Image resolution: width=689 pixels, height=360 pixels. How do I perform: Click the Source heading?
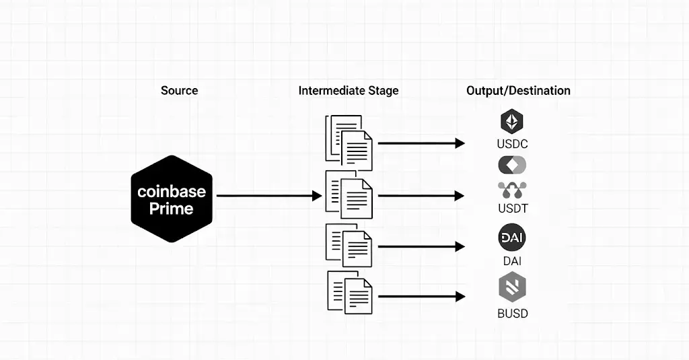click(179, 90)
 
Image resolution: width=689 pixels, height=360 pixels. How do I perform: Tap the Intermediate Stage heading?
click(349, 90)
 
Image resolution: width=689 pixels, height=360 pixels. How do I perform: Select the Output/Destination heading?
click(518, 90)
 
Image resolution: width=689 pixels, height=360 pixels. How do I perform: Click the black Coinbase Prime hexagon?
click(172, 199)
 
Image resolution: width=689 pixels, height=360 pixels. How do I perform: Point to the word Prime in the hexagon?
click(172, 209)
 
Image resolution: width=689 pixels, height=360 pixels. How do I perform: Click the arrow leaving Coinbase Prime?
click(269, 196)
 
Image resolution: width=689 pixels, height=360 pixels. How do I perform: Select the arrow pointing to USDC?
click(421, 143)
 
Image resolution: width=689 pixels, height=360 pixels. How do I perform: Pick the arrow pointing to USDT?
click(421, 196)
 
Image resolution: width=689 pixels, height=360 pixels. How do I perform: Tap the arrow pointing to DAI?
click(421, 246)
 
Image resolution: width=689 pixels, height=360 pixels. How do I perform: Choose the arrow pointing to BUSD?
click(421, 296)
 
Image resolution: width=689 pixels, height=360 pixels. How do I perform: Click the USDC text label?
click(513, 144)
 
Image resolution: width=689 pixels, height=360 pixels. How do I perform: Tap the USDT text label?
click(513, 209)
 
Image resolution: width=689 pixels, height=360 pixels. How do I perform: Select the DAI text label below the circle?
click(512, 261)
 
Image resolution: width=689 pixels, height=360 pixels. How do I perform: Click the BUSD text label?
click(513, 313)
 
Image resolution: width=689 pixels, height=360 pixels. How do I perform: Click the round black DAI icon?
click(512, 238)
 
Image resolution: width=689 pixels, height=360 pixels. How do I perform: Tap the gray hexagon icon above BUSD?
click(512, 287)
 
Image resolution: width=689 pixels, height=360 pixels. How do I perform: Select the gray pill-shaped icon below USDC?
click(512, 165)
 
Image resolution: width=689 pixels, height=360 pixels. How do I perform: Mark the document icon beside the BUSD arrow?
click(351, 292)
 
